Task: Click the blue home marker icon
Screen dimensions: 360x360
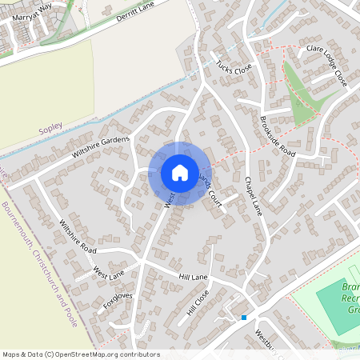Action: (179, 173)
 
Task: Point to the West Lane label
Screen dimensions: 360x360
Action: (109, 273)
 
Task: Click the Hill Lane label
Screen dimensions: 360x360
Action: (193, 277)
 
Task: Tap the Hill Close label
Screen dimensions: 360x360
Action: (197, 301)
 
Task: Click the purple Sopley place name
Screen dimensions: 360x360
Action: (50, 128)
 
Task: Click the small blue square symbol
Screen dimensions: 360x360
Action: (243, 318)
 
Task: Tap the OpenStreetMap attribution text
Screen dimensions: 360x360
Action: (80, 354)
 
